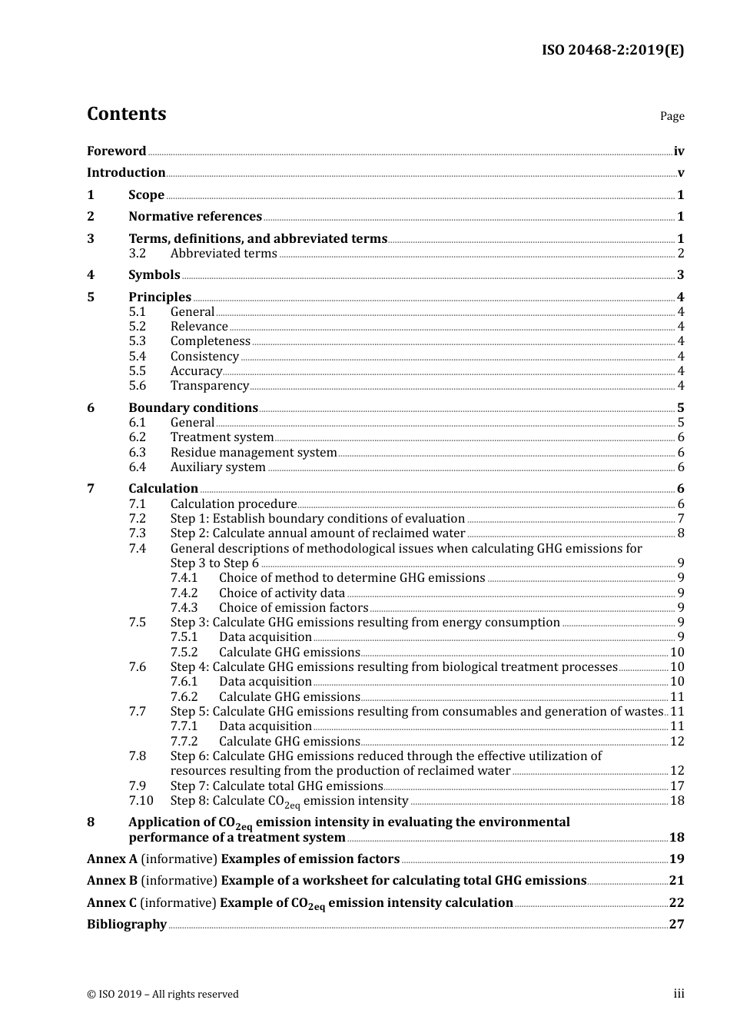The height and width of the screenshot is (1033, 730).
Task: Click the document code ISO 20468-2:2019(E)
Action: click(x=612, y=50)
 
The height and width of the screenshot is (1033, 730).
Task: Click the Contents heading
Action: click(x=126, y=114)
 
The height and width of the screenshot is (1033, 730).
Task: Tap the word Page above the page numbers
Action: click(x=672, y=116)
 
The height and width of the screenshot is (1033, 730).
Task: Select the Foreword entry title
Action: click(x=116, y=151)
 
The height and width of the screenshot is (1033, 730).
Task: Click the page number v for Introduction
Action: click(x=680, y=173)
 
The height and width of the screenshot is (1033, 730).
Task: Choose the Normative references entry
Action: click(x=195, y=217)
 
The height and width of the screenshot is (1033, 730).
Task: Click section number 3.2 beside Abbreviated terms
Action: click(x=137, y=254)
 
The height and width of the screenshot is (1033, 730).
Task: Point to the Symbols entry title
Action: click(x=154, y=275)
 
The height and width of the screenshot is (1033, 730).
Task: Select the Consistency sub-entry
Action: click(x=204, y=357)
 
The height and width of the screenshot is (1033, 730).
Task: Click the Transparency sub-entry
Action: click(x=209, y=386)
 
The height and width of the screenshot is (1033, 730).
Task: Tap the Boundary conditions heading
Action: click(x=193, y=408)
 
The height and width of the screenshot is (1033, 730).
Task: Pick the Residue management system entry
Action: click(x=254, y=453)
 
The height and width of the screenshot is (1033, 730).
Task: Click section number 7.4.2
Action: click(x=184, y=593)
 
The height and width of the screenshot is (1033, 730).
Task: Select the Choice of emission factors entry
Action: click(x=293, y=608)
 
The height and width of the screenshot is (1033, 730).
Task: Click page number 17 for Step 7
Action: click(x=676, y=786)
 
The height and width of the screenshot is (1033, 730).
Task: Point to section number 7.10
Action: click(x=141, y=801)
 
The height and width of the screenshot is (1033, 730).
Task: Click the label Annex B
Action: click(x=111, y=881)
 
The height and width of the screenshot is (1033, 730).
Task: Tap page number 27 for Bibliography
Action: click(x=676, y=925)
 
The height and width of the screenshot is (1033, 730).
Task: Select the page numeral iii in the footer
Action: click(x=679, y=994)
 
